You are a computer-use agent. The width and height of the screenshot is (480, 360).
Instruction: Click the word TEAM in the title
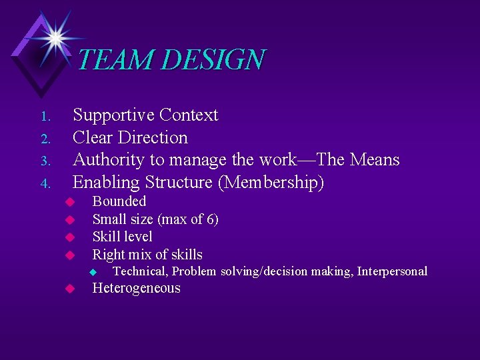pos(115,60)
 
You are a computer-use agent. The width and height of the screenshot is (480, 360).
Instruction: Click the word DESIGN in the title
pos(213,60)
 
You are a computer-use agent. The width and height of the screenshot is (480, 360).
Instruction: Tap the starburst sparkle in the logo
pos(54,37)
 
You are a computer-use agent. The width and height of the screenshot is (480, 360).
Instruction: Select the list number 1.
pos(45,117)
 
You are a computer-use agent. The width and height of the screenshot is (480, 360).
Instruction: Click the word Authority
pos(108,160)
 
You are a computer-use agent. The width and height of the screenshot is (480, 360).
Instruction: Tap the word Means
pos(374,160)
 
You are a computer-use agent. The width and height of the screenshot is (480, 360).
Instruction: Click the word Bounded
pos(119,201)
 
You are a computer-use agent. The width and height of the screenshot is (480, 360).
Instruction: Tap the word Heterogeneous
pos(136,289)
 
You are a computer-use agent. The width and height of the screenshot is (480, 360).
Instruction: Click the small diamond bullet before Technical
pos(93,272)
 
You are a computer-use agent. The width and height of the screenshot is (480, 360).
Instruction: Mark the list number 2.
pos(45,139)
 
